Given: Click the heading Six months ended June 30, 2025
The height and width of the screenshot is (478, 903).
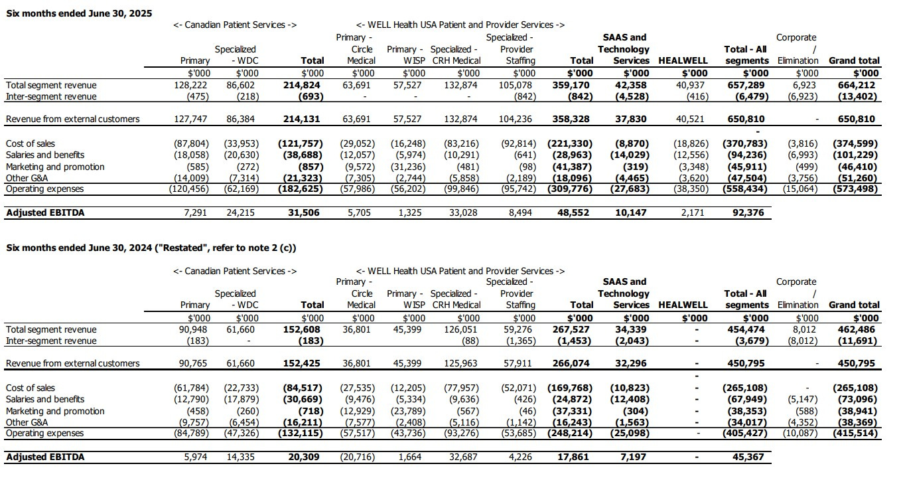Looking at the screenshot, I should (x=79, y=13).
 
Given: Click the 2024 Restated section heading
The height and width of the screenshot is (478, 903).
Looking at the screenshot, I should (x=151, y=248).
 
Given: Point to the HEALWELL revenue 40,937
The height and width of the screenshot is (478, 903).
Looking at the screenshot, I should (x=693, y=85).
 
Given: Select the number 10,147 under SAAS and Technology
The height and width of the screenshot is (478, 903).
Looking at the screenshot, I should (x=634, y=213).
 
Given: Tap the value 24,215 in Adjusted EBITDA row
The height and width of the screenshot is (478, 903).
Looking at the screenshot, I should (x=241, y=213).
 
